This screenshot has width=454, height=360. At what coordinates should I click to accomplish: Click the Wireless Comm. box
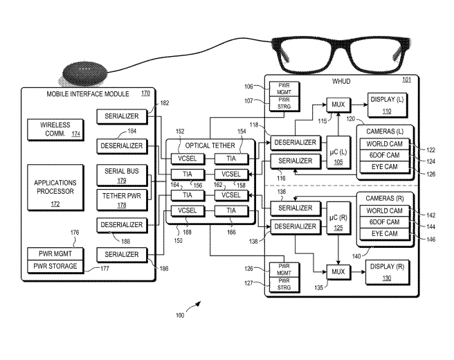tap(55, 129)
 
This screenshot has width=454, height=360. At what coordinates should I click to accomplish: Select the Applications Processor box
tap(55, 188)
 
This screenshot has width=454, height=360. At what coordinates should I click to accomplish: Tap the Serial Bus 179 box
tap(122, 176)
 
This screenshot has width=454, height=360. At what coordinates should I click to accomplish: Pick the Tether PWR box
tap(122, 200)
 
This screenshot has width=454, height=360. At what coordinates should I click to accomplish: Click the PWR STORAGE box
tap(55, 267)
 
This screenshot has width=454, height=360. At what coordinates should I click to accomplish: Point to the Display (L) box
tap(387, 105)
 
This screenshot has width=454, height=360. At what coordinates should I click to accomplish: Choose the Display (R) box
tap(387, 272)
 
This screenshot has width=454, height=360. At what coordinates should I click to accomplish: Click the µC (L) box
tap(338, 152)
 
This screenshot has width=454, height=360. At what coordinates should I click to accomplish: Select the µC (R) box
tap(338, 217)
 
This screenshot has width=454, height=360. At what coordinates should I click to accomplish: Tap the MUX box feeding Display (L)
tap(338, 105)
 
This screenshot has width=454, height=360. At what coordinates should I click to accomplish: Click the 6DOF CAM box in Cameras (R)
tap(385, 222)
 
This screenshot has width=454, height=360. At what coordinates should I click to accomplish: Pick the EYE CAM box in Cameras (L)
tap(385, 167)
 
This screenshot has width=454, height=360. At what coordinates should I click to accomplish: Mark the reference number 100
tap(180, 315)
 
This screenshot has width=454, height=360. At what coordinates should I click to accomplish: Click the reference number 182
tap(165, 103)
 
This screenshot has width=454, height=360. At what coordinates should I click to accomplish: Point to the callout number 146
tap(431, 240)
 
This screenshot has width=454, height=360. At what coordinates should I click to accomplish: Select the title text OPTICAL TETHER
tap(210, 145)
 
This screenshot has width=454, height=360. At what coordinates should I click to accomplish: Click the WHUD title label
tap(341, 82)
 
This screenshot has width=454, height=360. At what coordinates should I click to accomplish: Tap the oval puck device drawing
tap(84, 72)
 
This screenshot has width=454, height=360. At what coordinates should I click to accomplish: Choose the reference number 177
tap(105, 269)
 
